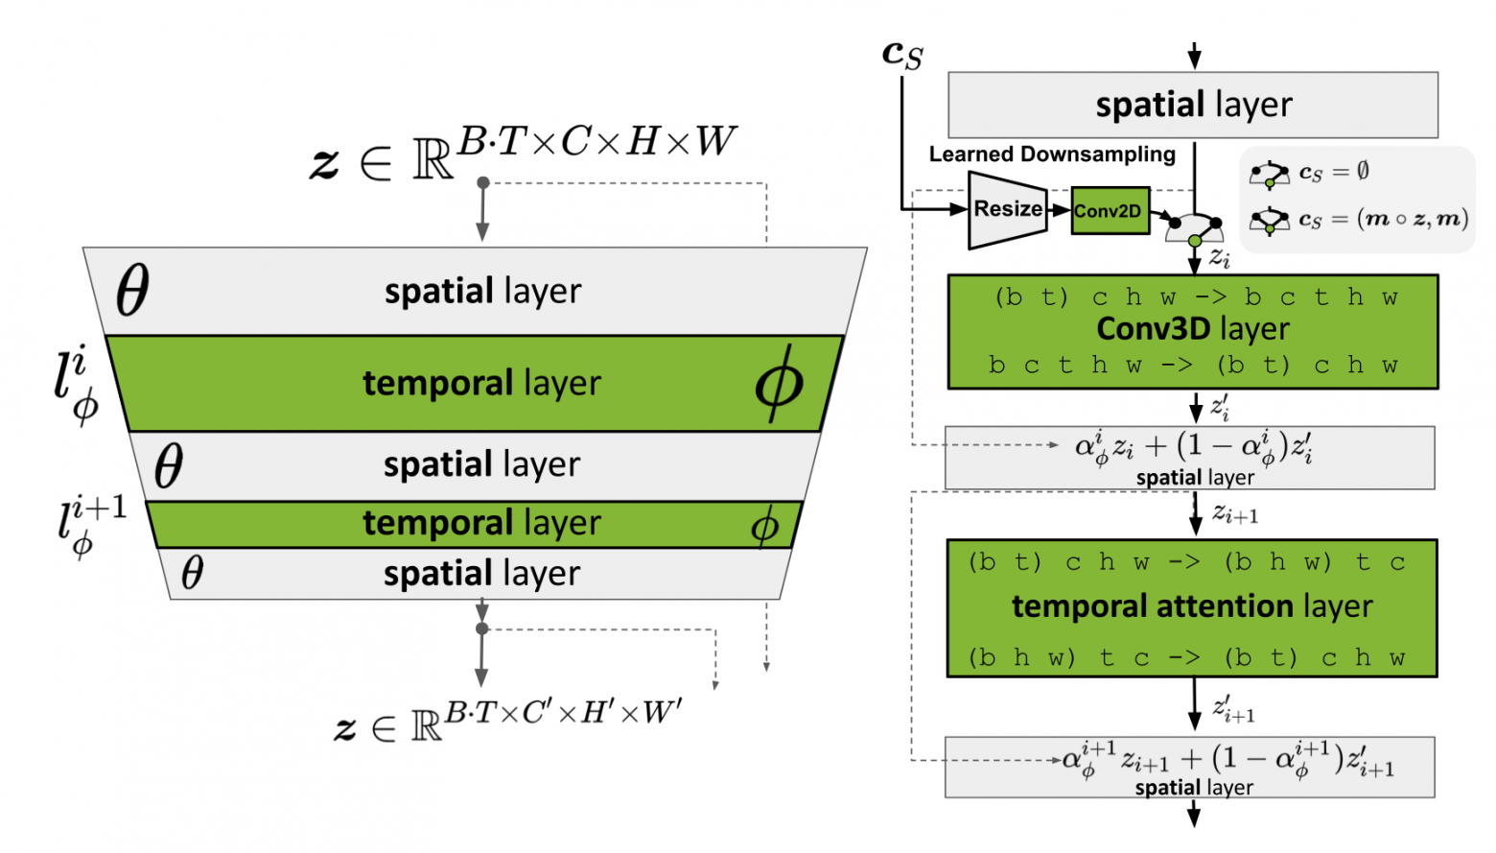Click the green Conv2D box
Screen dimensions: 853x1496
click(x=1110, y=211)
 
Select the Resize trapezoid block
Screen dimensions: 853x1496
click(x=1007, y=209)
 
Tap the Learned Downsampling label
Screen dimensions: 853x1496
click(x=1052, y=154)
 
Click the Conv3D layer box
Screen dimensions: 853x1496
click(x=1193, y=332)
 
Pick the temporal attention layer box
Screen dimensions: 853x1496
click(x=1192, y=608)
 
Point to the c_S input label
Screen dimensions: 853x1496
click(x=902, y=54)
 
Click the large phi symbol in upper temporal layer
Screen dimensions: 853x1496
click(x=779, y=385)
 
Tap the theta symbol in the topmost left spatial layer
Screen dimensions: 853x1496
click(x=132, y=291)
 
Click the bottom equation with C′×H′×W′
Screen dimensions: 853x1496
click(x=508, y=722)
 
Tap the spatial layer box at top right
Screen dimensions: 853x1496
click(x=1193, y=105)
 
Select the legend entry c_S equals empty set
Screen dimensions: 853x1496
click(x=1309, y=174)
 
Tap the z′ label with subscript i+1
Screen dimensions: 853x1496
click(x=1233, y=710)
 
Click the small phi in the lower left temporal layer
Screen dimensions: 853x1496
click(x=764, y=526)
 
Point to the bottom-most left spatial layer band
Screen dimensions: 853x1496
click(x=479, y=574)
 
